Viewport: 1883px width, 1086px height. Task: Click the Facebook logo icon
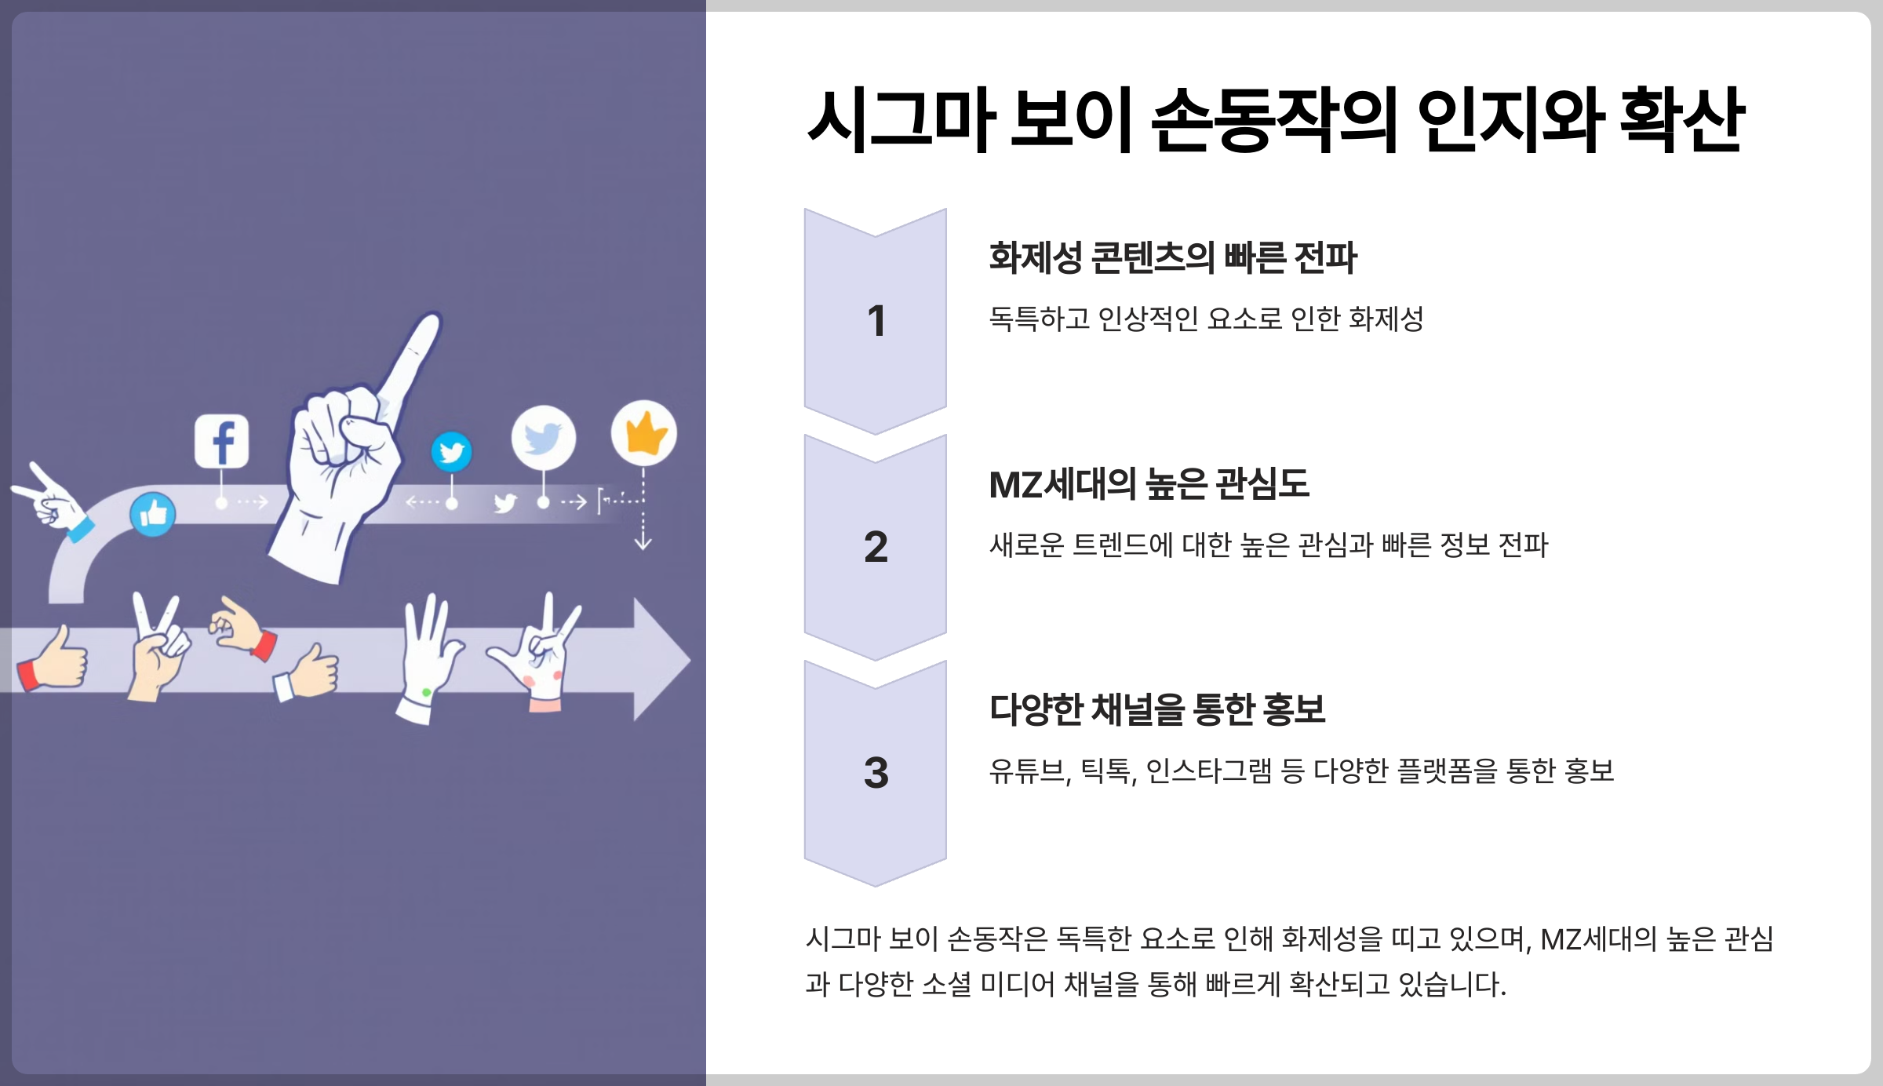pyautogui.click(x=222, y=441)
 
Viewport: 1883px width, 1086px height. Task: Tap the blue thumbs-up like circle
pyautogui.click(x=152, y=515)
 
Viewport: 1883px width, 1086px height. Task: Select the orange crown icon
pyautogui.click(x=644, y=432)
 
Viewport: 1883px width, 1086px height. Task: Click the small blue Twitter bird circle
pyautogui.click(x=451, y=452)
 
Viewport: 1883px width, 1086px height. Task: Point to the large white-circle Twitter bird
pyautogui.click(x=543, y=438)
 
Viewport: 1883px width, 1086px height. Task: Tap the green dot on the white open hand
pyautogui.click(x=426, y=692)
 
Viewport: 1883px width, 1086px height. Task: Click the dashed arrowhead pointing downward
pyautogui.click(x=643, y=543)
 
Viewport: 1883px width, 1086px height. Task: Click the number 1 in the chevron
pyautogui.click(x=876, y=321)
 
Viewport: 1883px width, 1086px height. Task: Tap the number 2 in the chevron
pyautogui.click(x=876, y=547)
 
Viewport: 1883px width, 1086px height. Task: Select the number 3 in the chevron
pyautogui.click(x=876, y=773)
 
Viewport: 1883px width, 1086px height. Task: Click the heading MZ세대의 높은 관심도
pyautogui.click(x=1149, y=484)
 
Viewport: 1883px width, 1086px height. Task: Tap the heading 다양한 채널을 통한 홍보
pyautogui.click(x=1157, y=709)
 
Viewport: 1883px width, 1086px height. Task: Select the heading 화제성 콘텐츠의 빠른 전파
pyautogui.click(x=1172, y=257)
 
